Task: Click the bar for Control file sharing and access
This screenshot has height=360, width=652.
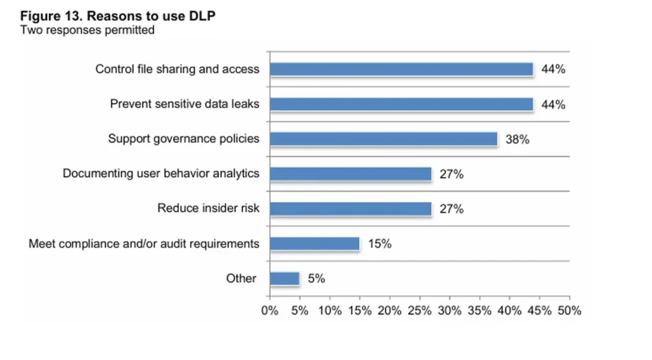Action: (x=401, y=69)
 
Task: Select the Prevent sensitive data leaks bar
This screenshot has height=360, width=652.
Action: (x=401, y=104)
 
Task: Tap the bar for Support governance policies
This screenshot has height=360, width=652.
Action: (x=383, y=139)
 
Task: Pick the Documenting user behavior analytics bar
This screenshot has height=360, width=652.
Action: (x=350, y=174)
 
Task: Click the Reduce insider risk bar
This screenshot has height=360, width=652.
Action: (x=350, y=208)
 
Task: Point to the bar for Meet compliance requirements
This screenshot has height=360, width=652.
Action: (x=315, y=243)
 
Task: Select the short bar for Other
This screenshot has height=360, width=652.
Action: (x=285, y=278)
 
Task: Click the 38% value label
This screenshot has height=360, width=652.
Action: (x=517, y=140)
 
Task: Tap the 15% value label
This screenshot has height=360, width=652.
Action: (x=379, y=243)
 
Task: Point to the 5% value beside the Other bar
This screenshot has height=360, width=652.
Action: (x=316, y=278)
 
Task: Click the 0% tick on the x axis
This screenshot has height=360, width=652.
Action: (x=270, y=311)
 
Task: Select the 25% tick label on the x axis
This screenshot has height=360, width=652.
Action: (x=419, y=311)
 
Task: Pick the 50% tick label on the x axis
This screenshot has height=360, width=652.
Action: (x=569, y=311)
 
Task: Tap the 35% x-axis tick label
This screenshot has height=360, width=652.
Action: (x=479, y=311)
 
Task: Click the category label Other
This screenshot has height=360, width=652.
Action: (x=241, y=278)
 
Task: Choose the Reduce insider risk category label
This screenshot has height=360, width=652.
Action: (x=208, y=208)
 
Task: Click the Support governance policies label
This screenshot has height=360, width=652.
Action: (x=183, y=139)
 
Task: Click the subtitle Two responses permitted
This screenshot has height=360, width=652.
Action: (x=87, y=30)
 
